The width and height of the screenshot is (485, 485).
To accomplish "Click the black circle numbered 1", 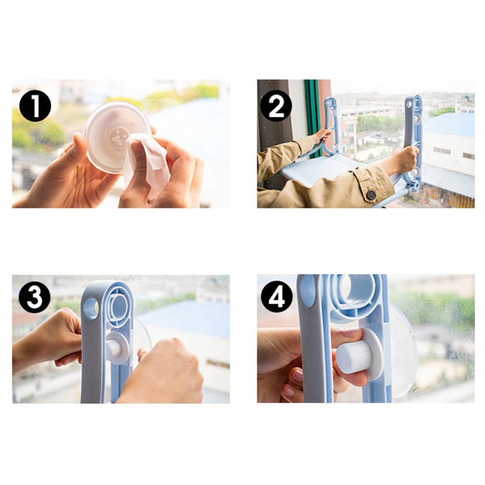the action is [35, 105].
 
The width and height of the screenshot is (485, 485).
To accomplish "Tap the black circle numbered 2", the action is [276, 105].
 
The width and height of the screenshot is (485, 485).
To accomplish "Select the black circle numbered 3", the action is [35, 297].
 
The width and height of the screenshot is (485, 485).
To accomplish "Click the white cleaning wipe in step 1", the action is [147, 162].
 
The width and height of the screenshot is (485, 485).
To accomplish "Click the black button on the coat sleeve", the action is [371, 195].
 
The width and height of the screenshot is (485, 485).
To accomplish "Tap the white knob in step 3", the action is [117, 348].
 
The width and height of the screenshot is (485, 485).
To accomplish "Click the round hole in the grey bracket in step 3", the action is [91, 309].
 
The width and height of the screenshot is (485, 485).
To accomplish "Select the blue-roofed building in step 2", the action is [449, 149].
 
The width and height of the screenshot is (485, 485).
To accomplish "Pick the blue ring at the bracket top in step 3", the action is [118, 306].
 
